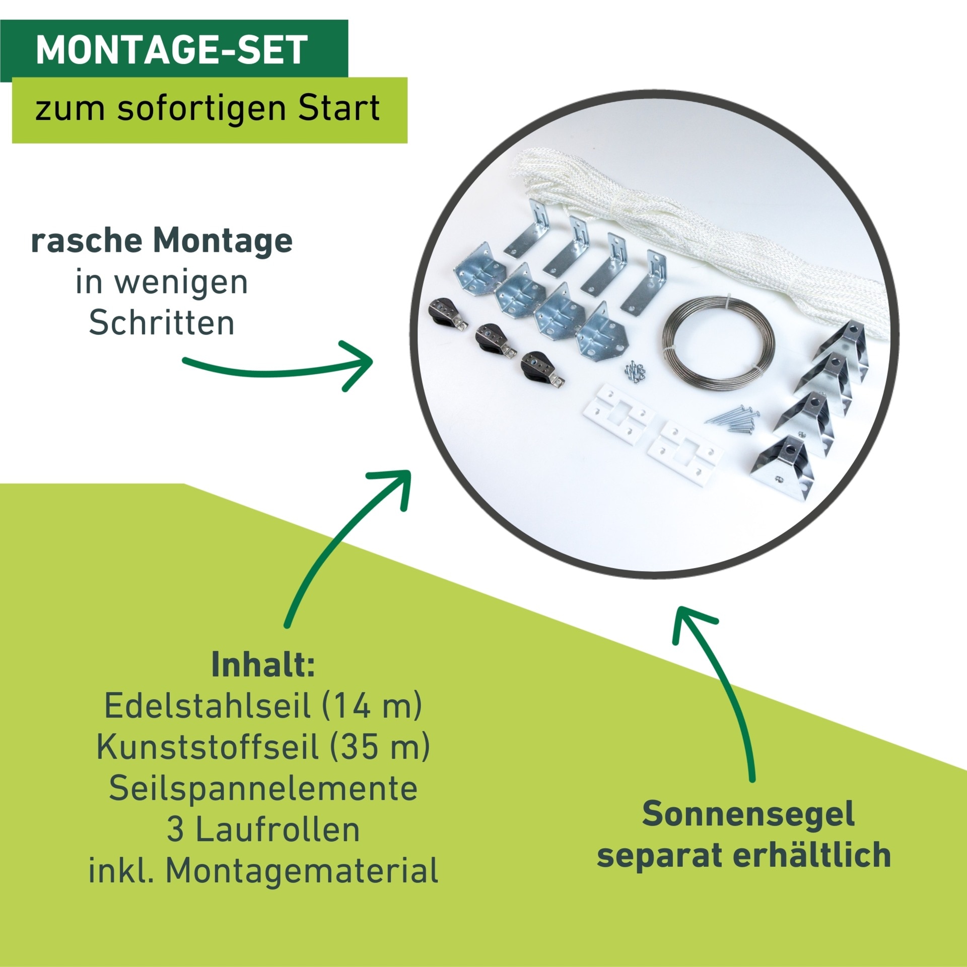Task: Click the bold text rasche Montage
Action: point(162,241)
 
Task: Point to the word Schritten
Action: point(162,323)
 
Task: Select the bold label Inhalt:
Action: point(263,665)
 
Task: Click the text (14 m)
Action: point(371,706)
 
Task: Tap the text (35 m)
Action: point(380,747)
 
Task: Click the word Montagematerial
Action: point(302,871)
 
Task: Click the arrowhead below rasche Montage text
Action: point(360,364)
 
